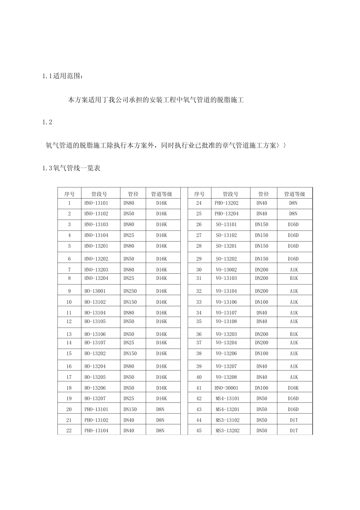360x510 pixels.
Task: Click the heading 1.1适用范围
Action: [x=62, y=76]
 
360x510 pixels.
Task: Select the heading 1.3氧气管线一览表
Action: [x=71, y=168]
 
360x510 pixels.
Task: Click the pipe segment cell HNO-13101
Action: [x=96, y=203]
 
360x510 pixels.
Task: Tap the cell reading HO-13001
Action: [x=95, y=291]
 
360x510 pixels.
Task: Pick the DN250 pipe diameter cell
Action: [x=130, y=291]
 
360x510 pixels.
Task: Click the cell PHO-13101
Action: [x=96, y=409]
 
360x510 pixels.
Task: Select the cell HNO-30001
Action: [x=227, y=388]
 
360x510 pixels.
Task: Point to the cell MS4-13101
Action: [x=227, y=399]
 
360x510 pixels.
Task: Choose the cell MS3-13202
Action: [x=227, y=430]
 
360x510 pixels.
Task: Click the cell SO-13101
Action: [x=226, y=224]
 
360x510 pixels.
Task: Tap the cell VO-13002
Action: [x=226, y=270]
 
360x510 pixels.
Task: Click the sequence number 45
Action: [x=199, y=431]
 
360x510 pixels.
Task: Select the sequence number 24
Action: [x=199, y=203]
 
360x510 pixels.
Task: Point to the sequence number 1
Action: [x=69, y=203]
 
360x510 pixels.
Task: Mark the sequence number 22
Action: [x=69, y=431]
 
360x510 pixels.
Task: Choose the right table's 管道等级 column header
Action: [x=294, y=194]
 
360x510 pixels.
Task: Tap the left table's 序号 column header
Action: [x=69, y=194]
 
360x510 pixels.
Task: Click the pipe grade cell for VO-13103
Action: [x=294, y=278]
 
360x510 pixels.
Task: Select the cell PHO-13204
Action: [x=227, y=213]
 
